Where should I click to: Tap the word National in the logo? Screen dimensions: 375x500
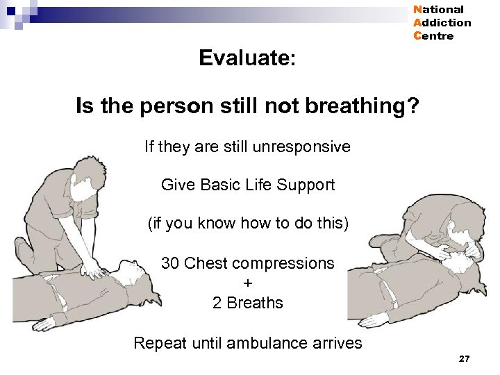(438, 10)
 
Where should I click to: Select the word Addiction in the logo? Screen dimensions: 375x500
(442, 23)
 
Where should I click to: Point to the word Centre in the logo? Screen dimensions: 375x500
(433, 36)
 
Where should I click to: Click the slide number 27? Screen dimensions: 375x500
(465, 358)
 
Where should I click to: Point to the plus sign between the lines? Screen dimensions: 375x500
(248, 283)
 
